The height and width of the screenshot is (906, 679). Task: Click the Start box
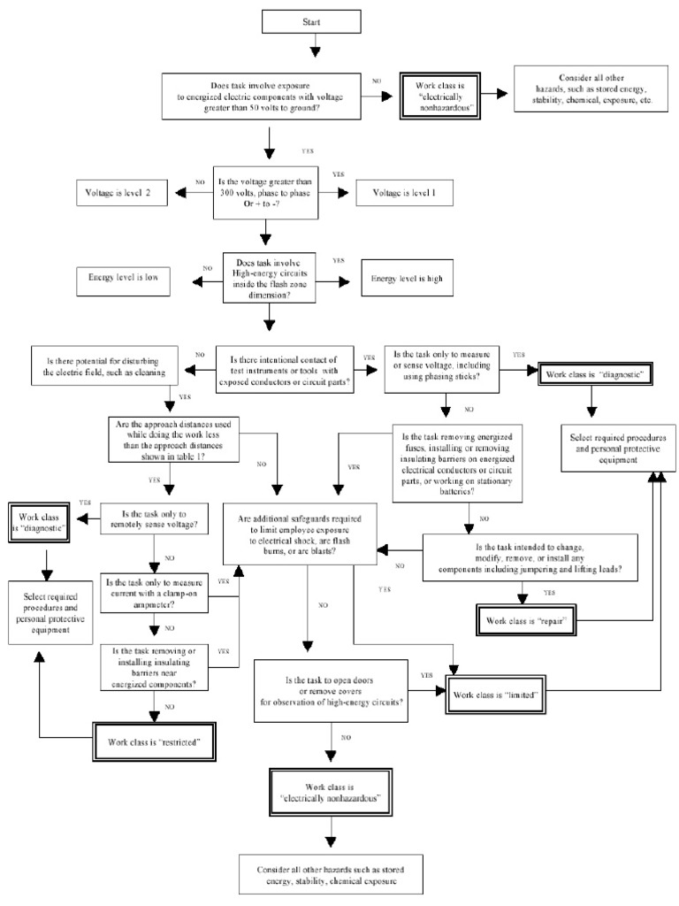311,22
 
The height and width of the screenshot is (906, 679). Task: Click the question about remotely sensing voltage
156,519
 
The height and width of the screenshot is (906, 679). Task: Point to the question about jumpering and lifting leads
529,559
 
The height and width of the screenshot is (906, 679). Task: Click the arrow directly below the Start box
312,48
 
